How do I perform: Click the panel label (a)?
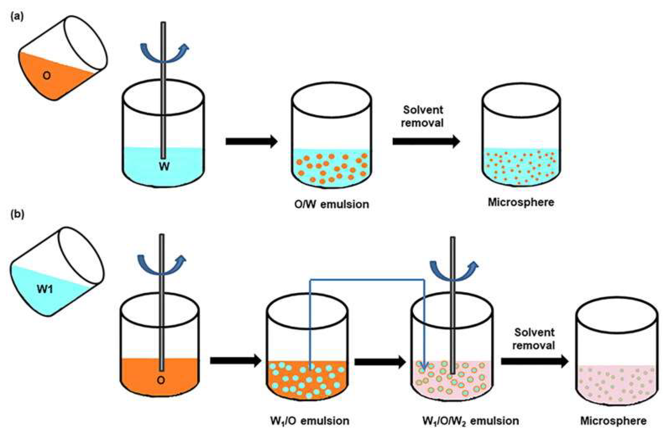(x=17, y=17)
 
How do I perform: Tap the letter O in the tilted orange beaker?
(x=47, y=75)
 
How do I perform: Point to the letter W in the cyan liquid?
(x=164, y=166)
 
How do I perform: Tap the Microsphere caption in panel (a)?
(x=521, y=202)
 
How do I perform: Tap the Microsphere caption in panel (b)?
(x=613, y=420)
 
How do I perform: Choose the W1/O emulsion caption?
(x=310, y=420)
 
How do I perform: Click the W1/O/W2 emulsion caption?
(x=471, y=420)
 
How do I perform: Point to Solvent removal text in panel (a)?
(x=423, y=116)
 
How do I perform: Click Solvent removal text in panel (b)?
(x=534, y=339)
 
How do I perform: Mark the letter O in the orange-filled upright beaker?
(x=161, y=380)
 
